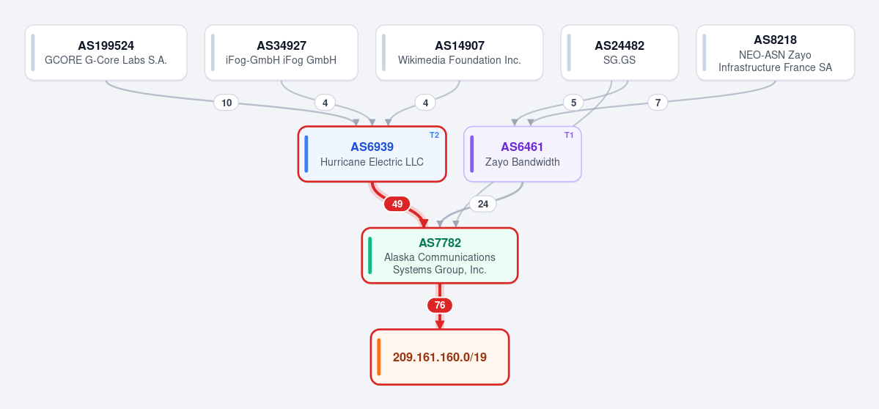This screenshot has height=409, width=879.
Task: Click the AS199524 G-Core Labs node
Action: pyautogui.click(x=106, y=53)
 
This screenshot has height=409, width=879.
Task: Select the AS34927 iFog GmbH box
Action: pyautogui.click(x=282, y=53)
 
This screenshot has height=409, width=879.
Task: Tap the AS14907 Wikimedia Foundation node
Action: pyautogui.click(x=459, y=53)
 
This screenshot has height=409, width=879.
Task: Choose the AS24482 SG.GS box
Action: pyautogui.click(x=619, y=53)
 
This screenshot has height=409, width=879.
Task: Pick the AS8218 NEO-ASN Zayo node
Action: pyautogui.click(x=776, y=53)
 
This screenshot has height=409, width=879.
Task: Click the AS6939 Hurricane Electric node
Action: pyautogui.click(x=372, y=154)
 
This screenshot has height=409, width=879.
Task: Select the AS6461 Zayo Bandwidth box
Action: pyautogui.click(x=523, y=154)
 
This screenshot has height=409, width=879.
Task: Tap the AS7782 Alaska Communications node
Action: pyautogui.click(x=440, y=256)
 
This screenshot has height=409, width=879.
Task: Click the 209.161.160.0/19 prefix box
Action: pyautogui.click(x=440, y=357)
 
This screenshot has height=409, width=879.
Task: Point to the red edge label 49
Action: pyautogui.click(x=397, y=204)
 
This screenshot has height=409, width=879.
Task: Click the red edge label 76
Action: pyautogui.click(x=440, y=306)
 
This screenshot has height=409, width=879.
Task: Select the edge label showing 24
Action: pyautogui.click(x=482, y=204)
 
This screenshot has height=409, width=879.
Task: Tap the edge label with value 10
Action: pyautogui.click(x=227, y=103)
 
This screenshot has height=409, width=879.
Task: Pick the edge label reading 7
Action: pyautogui.click(x=658, y=103)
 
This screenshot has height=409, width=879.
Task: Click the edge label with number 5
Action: pyautogui.click(x=573, y=103)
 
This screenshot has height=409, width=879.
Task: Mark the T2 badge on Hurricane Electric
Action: pyautogui.click(x=434, y=135)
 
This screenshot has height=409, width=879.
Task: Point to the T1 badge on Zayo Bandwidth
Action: pyautogui.click(x=569, y=135)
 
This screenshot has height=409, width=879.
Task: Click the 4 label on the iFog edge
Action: pyautogui.click(x=325, y=103)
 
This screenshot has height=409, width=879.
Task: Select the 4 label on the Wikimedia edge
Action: pyautogui.click(x=425, y=103)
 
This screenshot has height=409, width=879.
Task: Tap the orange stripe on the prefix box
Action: pyautogui.click(x=379, y=357)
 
